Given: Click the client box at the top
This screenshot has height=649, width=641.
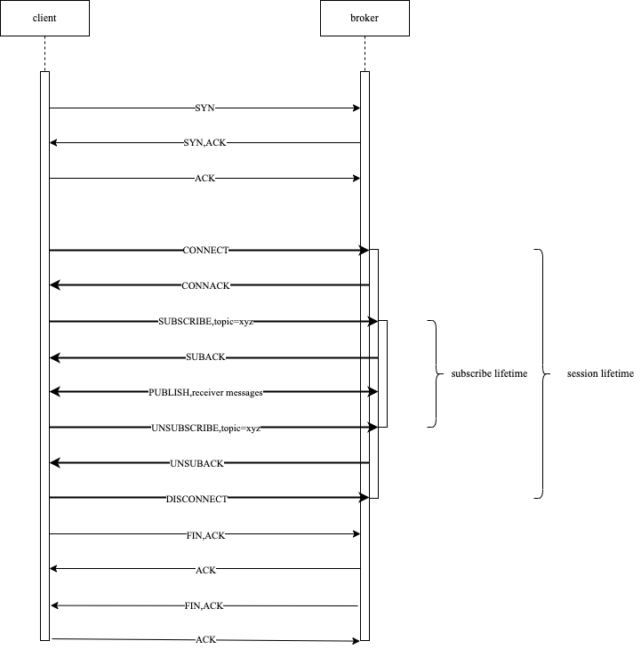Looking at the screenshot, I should (44, 18).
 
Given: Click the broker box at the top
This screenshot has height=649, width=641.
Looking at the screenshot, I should (365, 18).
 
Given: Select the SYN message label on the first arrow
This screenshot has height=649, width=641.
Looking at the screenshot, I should (204, 108).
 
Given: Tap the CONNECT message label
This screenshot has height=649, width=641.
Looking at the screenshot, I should (205, 251).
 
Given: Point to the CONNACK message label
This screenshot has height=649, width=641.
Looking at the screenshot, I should (205, 285).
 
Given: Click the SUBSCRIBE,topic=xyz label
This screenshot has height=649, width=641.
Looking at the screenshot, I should (205, 321).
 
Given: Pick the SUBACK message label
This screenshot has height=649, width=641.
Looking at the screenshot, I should (205, 357).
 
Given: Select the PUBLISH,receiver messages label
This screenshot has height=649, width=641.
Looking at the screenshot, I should (205, 392).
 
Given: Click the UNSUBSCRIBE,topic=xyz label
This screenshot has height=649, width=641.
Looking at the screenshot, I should (205, 428).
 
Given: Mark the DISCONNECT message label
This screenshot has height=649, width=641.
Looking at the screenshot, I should (196, 499).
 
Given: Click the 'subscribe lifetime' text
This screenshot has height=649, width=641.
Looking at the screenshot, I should (489, 374).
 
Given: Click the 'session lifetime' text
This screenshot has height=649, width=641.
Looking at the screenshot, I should (600, 374).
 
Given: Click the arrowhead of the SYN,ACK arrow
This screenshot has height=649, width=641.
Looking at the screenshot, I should (53, 142).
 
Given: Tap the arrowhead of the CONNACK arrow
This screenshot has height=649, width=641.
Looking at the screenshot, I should (54, 284).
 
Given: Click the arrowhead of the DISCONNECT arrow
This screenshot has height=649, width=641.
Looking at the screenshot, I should (365, 498).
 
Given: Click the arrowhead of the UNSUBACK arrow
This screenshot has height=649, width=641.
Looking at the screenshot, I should (54, 462).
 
